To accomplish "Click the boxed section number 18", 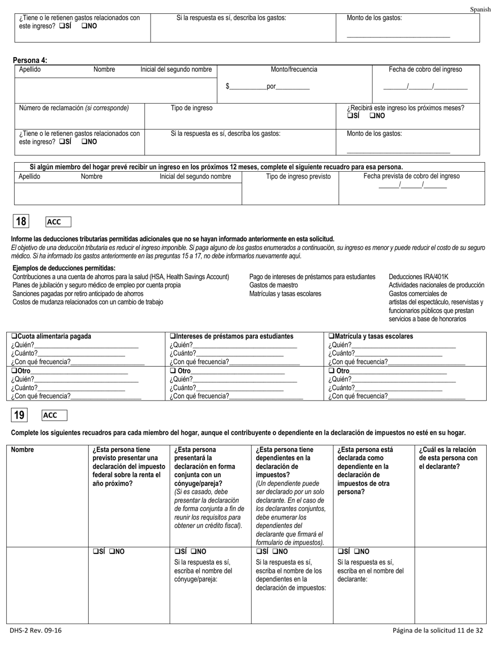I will (21, 222).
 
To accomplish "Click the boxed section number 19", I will (20, 415).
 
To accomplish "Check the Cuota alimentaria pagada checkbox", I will (14, 336).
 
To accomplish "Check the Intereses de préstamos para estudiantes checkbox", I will (173, 336).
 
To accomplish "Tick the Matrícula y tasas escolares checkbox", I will (331, 336).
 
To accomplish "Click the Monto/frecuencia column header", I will (294, 69).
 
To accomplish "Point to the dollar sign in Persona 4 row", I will (227, 87).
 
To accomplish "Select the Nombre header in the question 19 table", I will (22, 450).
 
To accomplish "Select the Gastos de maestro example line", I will (273, 285).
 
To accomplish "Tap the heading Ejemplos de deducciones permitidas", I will (64, 268).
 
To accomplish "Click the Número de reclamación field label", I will (74, 108).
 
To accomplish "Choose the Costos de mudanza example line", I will (88, 302).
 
